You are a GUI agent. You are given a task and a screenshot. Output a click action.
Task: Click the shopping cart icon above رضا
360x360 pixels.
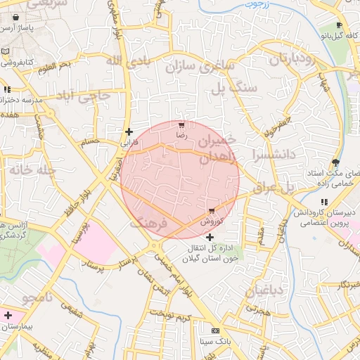[183, 126]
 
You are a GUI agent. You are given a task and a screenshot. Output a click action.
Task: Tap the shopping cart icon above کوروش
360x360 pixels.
[211, 210]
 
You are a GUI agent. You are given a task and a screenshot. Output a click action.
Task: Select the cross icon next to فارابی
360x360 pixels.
[129, 131]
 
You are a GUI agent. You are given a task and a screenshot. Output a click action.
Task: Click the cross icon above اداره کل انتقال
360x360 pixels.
[209, 238]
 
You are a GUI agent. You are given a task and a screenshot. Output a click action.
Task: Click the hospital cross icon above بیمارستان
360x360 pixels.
[8, 316]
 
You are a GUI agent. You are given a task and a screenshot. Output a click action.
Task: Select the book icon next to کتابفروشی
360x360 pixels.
[6, 52]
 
